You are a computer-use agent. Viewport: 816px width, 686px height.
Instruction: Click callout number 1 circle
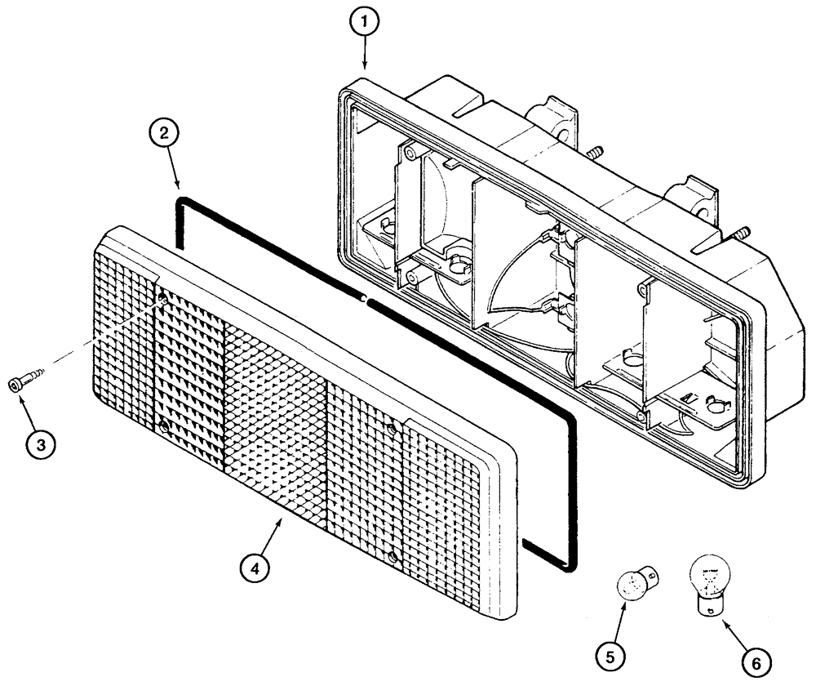tap(364, 24)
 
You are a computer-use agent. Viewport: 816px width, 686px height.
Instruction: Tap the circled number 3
tap(40, 444)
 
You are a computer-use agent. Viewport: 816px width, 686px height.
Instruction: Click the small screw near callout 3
tap(24, 381)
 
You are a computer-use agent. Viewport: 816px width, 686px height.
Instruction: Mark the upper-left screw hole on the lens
tap(163, 301)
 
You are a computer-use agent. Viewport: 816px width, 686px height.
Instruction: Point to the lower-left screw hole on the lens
tap(164, 426)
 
